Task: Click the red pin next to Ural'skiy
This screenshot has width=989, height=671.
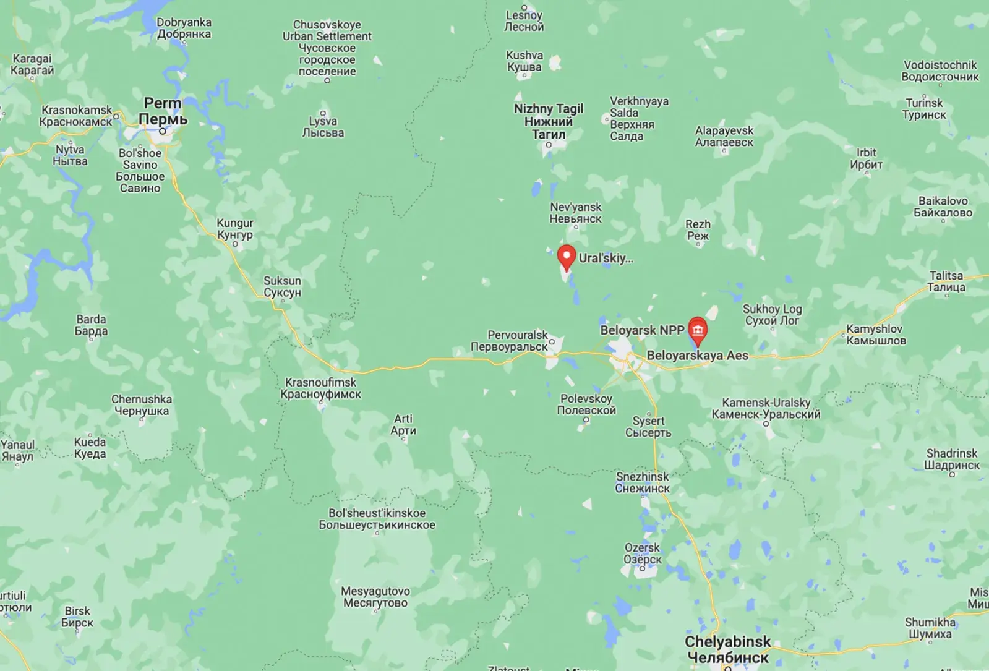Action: pos(566,257)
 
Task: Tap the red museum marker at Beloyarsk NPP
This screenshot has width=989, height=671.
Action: pos(698,329)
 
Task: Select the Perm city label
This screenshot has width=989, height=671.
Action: pos(162,111)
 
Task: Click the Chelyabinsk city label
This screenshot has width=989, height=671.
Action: pos(728,649)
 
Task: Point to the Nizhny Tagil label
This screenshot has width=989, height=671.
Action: pos(549,121)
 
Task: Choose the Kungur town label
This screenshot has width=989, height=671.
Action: pos(235,229)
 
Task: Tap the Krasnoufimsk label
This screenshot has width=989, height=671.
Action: pos(320,388)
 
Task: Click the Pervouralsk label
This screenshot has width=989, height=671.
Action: pos(510,341)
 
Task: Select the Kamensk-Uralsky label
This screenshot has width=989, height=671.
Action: pos(766,408)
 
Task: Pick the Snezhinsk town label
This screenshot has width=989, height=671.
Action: pos(643,482)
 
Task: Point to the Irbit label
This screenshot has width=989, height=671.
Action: pos(866,158)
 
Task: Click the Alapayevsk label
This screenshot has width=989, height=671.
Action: pos(724,136)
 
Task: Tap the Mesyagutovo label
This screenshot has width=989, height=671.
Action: pos(375,597)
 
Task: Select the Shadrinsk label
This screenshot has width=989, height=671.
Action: pos(952,459)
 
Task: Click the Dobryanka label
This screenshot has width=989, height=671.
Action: pos(184,28)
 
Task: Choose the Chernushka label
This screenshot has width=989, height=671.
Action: pos(142,405)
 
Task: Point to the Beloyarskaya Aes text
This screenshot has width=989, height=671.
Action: pos(698,356)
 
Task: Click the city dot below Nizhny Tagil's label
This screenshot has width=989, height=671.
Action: pos(548,145)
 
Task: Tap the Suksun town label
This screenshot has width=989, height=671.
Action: pos(283,286)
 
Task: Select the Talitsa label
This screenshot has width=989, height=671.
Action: pos(946,281)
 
